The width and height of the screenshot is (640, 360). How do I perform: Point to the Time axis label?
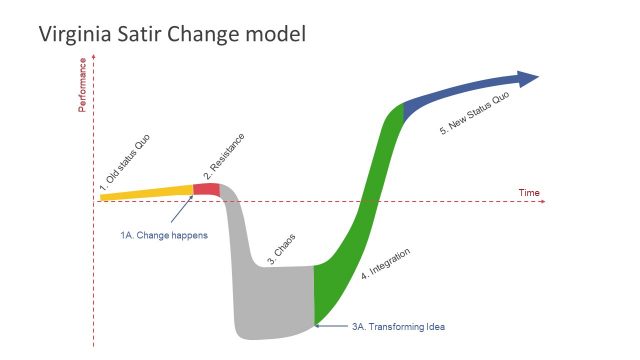tap(529, 192)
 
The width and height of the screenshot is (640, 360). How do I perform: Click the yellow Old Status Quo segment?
tap(145, 192)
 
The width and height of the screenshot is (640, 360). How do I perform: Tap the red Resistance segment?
tap(206, 189)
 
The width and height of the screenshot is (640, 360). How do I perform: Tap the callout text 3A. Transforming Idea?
tap(398, 327)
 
